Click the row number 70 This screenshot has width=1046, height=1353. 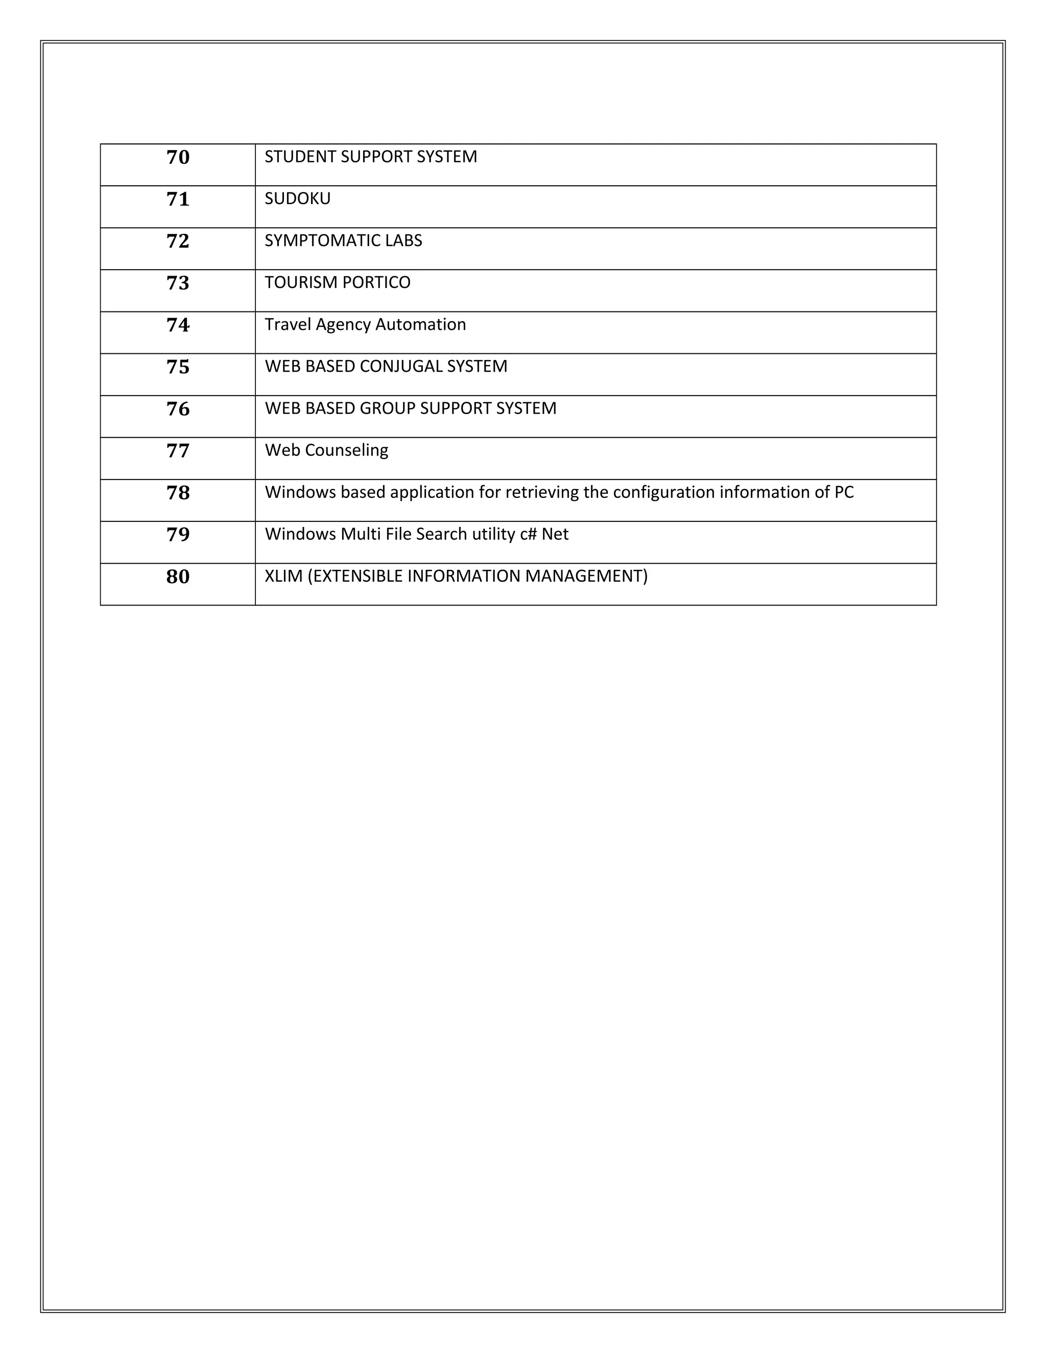[178, 157]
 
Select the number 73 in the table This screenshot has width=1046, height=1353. [178, 283]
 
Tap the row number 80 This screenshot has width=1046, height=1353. [178, 577]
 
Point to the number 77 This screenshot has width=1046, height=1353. [178, 451]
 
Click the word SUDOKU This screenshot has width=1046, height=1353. [297, 199]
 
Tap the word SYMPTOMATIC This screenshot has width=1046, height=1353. [314, 240]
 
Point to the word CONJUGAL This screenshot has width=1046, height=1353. [400, 367]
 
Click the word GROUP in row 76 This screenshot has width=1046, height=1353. [387, 408]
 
